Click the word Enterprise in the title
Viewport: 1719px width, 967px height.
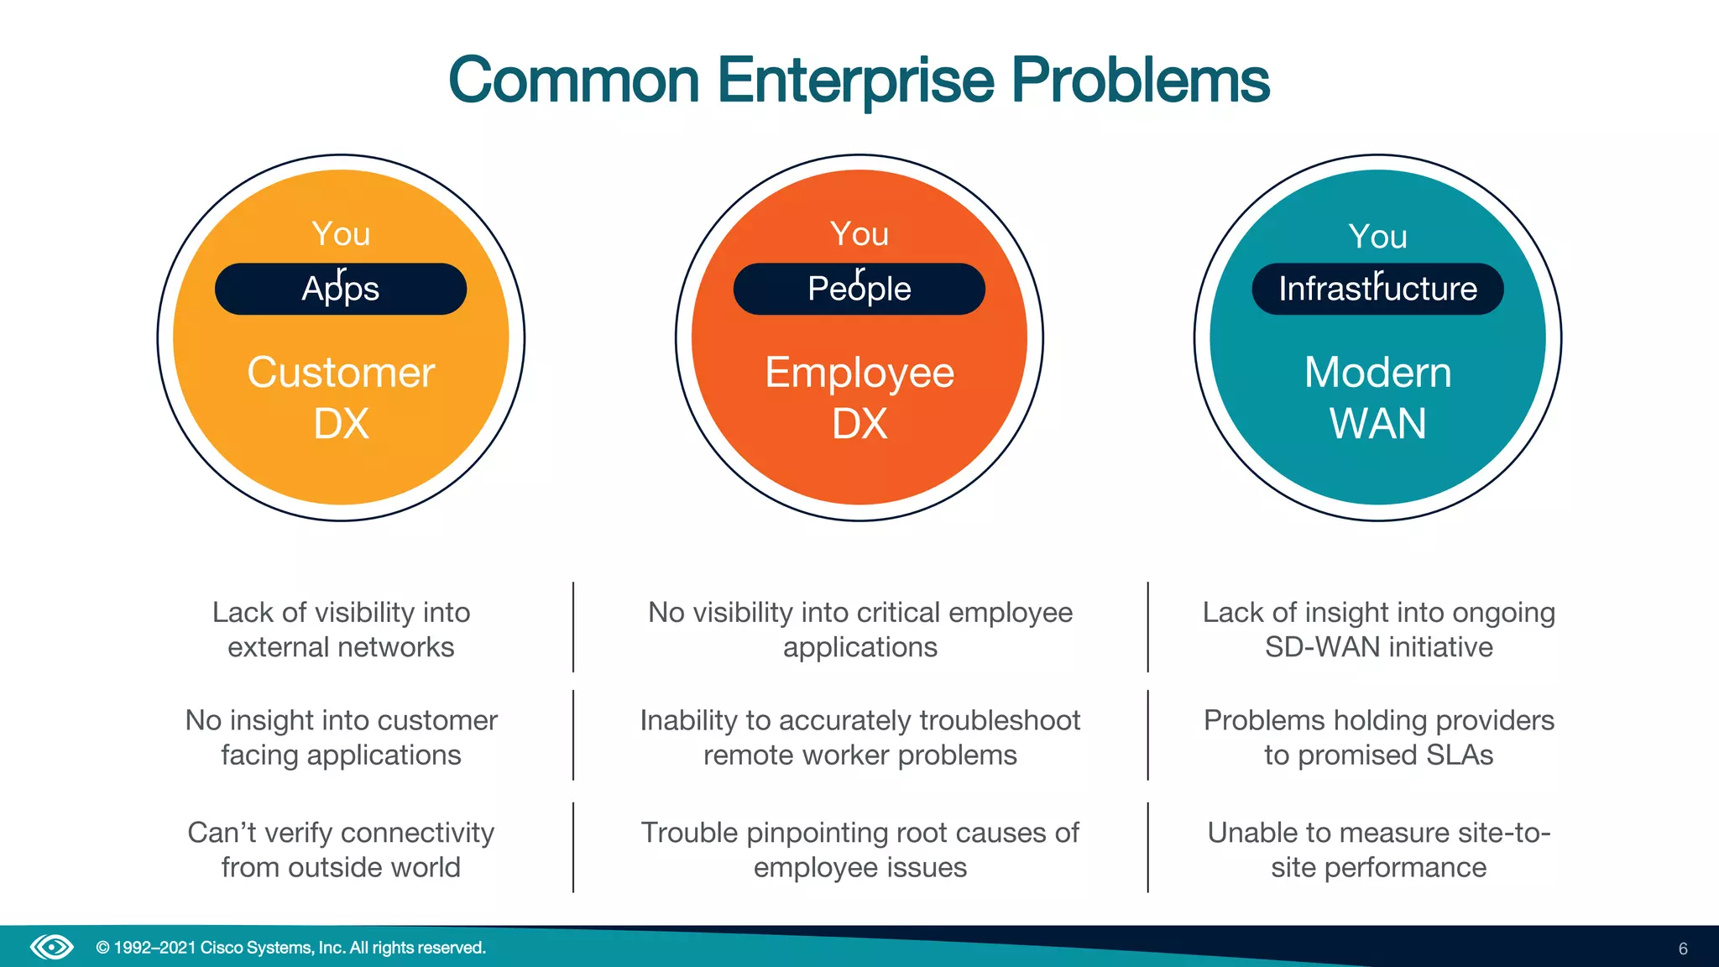855,81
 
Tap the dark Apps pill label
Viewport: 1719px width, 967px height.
341,289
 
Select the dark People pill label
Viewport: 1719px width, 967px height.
859,289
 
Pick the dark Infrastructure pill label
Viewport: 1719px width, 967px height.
1377,289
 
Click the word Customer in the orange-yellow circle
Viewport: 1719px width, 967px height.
341,372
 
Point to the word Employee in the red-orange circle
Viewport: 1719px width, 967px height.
859,372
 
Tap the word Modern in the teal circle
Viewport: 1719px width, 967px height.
1377,372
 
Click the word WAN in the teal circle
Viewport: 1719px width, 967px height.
1377,422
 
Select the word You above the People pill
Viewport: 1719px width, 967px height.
859,233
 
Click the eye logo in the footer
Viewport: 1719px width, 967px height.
52,948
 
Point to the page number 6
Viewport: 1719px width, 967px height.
1683,949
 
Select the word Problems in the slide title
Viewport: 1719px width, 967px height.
1140,81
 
